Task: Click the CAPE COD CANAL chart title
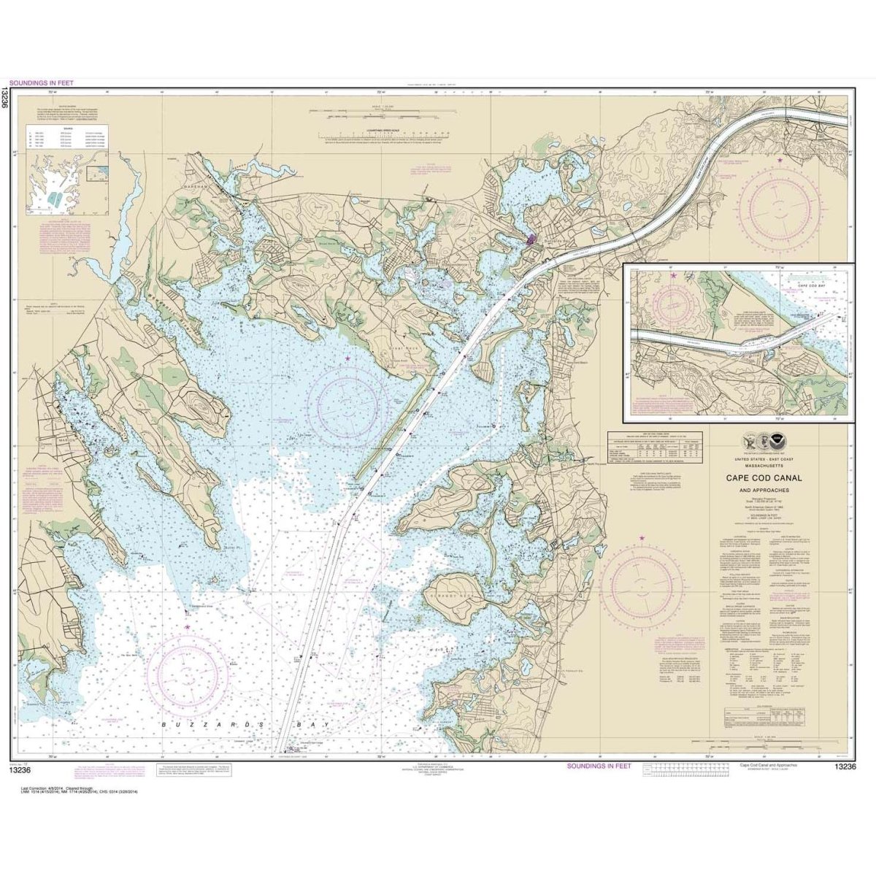click(x=764, y=478)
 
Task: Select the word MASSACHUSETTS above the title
click(x=764, y=465)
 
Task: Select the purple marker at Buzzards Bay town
click(x=531, y=238)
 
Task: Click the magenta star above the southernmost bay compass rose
click(x=188, y=627)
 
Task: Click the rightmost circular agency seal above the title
click(x=779, y=442)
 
